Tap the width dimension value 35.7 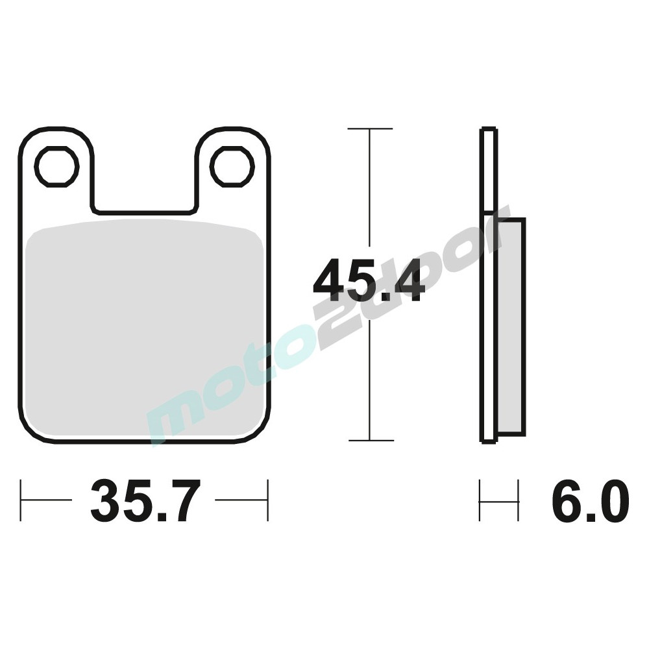click(x=142, y=501)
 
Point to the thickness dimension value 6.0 click(x=590, y=501)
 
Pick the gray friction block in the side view click(x=511, y=328)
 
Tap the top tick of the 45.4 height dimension click(x=370, y=129)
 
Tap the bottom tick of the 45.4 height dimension click(x=370, y=441)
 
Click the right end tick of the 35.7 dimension click(x=267, y=500)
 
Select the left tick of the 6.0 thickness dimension click(x=480, y=500)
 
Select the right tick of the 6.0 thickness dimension click(x=519, y=500)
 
